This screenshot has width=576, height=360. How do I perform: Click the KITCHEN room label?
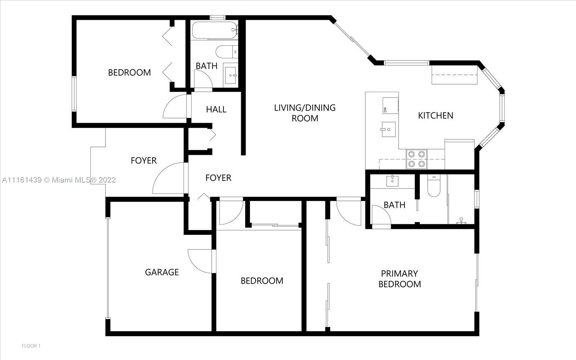click(436, 116)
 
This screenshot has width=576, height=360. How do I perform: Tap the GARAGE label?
click(162, 272)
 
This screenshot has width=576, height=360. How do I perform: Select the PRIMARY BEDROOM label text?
click(400, 279)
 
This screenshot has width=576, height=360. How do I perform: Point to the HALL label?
click(216, 109)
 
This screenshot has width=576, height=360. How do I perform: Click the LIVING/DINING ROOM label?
click(305, 113)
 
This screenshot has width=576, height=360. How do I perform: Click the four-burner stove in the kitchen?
click(417, 159)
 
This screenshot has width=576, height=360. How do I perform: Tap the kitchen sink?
click(388, 129)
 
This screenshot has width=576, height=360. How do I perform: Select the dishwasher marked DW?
click(390, 105)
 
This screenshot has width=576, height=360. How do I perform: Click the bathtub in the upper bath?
click(215, 30)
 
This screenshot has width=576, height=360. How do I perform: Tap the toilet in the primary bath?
click(434, 185)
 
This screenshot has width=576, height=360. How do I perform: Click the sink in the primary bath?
click(392, 181)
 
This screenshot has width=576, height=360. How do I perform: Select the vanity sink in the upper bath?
click(230, 75)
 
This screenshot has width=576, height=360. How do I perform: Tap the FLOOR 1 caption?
click(31, 346)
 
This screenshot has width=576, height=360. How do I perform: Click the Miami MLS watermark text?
click(59, 180)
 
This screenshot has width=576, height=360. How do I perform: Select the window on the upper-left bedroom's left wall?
click(74, 94)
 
